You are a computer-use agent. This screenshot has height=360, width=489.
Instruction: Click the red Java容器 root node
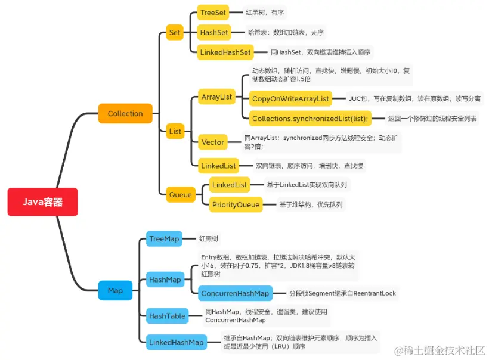(x=42, y=202)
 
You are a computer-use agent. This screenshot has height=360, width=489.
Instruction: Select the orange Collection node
(x=125, y=113)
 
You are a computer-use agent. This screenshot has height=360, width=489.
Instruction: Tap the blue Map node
(x=115, y=290)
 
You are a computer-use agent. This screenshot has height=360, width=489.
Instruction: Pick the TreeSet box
(x=213, y=13)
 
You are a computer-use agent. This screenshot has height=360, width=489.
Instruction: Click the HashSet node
(x=213, y=32)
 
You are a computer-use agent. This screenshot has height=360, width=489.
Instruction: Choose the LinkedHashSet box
(x=225, y=52)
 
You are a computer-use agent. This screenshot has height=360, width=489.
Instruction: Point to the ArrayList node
(x=216, y=97)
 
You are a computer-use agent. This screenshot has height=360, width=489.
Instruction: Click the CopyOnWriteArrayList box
(x=290, y=98)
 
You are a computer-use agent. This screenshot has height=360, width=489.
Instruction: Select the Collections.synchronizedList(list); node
(x=310, y=119)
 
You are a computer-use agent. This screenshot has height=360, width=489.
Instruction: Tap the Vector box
(x=213, y=142)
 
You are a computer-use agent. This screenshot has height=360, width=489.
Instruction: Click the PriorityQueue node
(x=236, y=205)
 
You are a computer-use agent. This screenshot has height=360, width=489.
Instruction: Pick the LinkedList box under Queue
(x=230, y=185)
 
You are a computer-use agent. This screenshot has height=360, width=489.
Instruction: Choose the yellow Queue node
(x=181, y=194)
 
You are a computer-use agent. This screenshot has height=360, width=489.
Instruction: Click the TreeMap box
(x=164, y=239)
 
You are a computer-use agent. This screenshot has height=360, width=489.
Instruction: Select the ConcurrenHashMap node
(x=235, y=293)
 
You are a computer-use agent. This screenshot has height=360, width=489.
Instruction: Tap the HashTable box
(x=167, y=316)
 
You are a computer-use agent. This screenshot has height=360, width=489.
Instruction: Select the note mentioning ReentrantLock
(x=342, y=293)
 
